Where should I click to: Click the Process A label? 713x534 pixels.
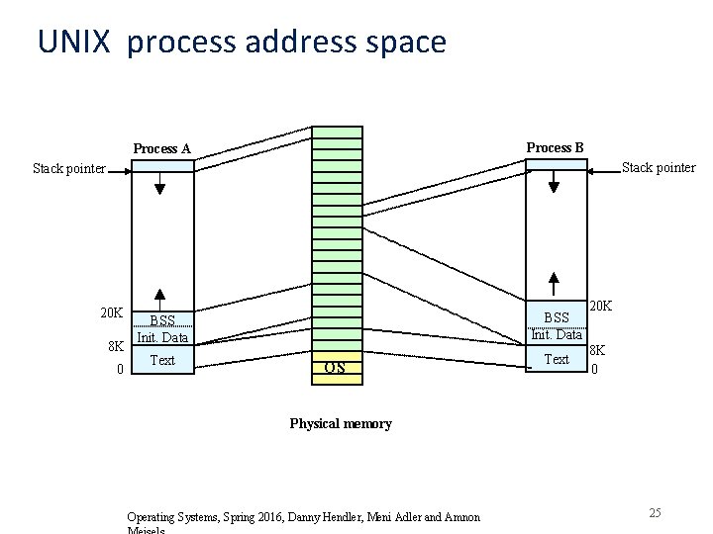(161, 149)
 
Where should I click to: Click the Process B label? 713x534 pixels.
(555, 147)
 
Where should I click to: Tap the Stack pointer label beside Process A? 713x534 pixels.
(68, 168)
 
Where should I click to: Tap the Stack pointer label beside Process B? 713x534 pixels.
(659, 167)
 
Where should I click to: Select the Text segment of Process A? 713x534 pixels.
(162, 360)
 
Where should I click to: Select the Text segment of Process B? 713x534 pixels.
(558, 359)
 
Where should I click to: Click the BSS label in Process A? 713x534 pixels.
(162, 320)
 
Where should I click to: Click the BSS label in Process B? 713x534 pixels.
(558, 317)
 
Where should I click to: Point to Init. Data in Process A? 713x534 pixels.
(162, 337)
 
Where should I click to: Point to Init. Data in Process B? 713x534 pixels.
(557, 334)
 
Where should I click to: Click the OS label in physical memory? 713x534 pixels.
(335, 368)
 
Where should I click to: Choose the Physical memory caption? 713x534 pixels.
(341, 423)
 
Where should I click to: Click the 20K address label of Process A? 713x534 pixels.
(111, 313)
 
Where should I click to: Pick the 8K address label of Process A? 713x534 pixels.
(116, 347)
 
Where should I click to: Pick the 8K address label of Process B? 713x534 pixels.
(598, 350)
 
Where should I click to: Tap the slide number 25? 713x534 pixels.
(655, 512)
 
